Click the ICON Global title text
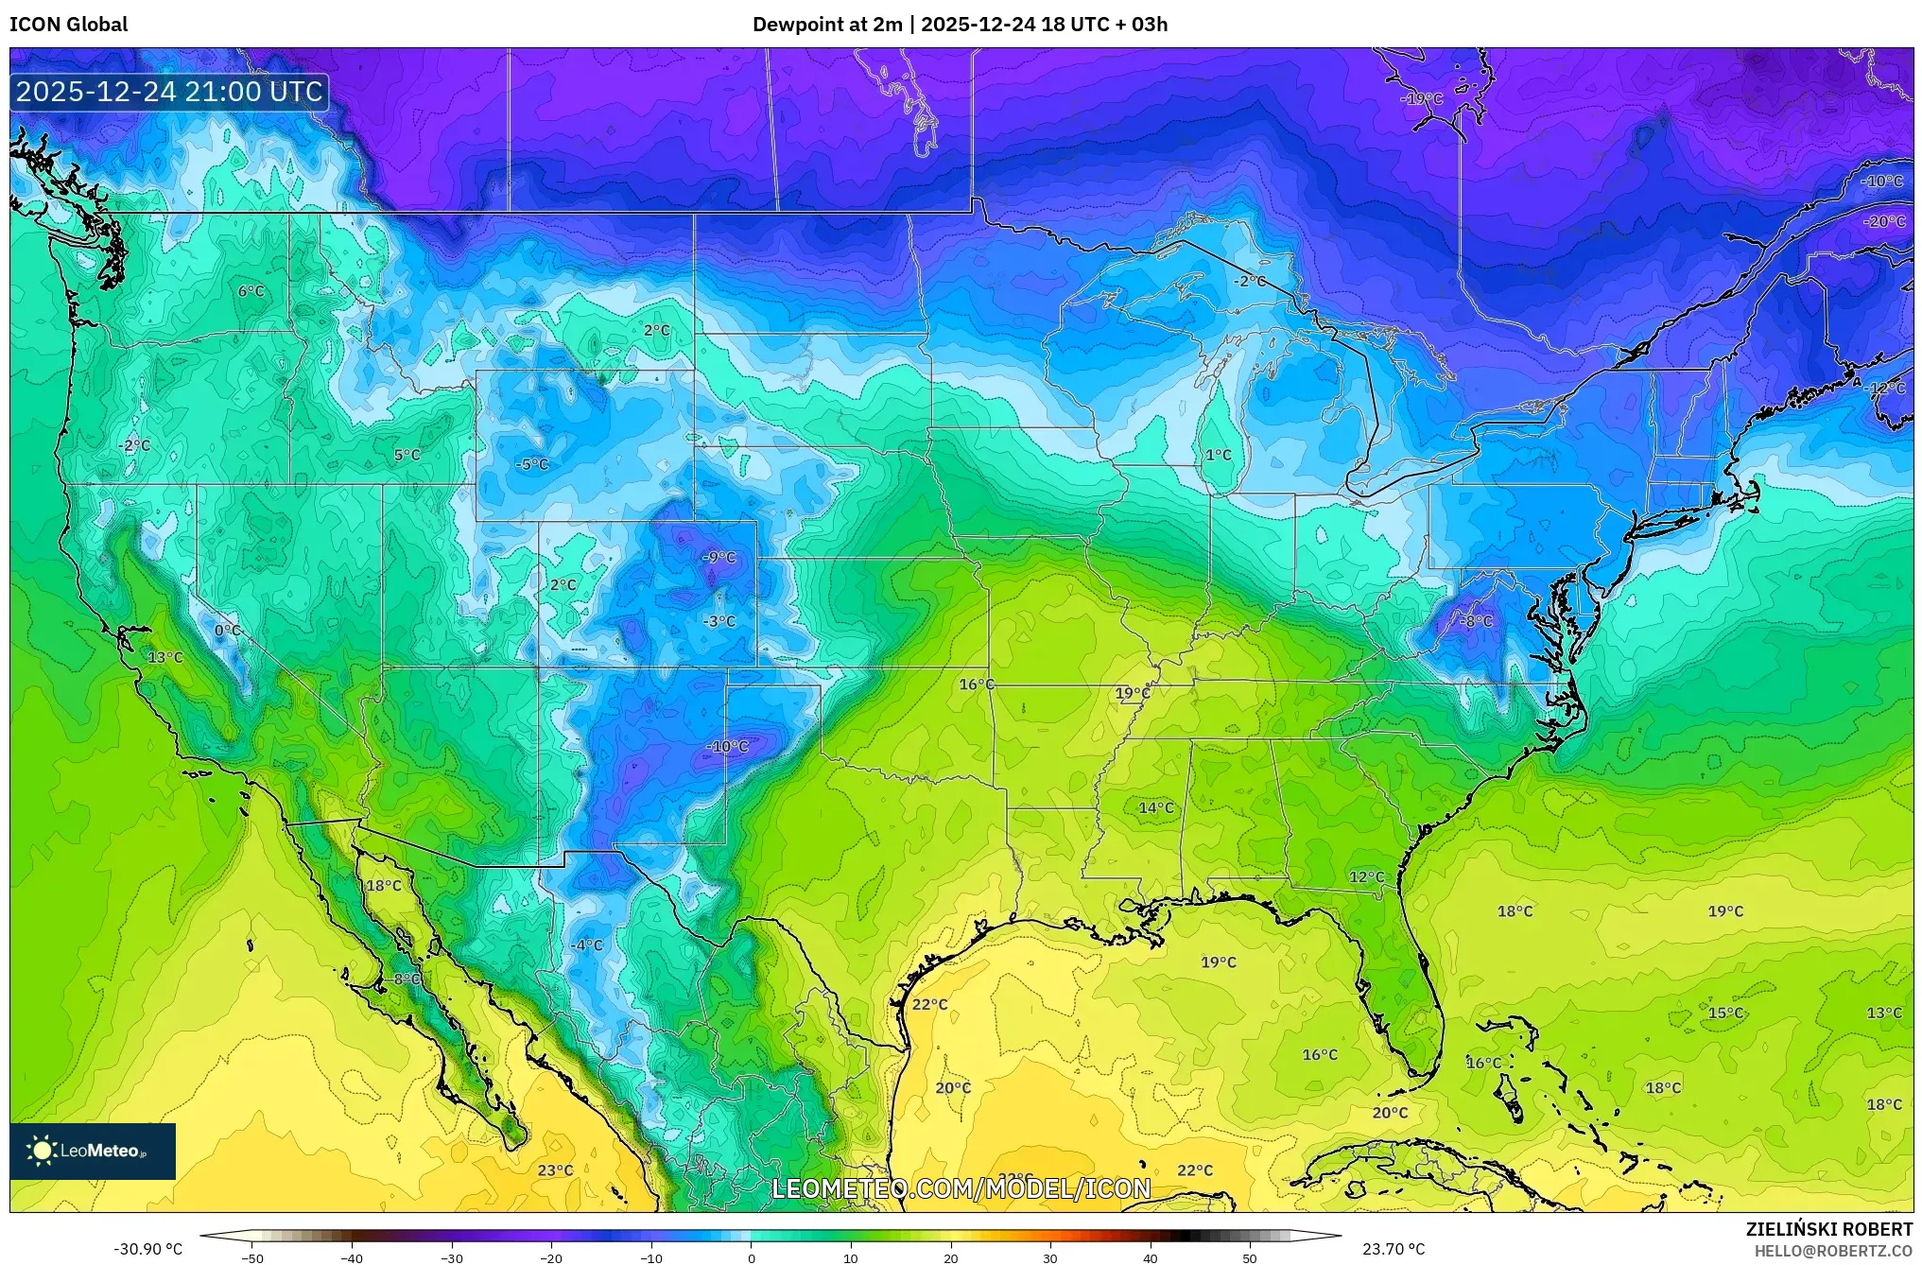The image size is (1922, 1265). pyautogui.click(x=68, y=25)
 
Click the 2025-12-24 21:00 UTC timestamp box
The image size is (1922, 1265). pyautogui.click(x=169, y=92)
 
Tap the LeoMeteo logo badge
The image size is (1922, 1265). pyautogui.click(x=93, y=1151)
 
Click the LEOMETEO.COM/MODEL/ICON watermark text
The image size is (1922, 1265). pyautogui.click(x=961, y=1188)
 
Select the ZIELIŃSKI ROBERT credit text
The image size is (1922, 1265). pyautogui.click(x=1828, y=1229)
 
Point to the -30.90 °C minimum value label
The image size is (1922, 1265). pyautogui.click(x=148, y=1249)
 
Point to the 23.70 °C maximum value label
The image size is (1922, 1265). pyautogui.click(x=1393, y=1249)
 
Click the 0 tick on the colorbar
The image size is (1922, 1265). pyautogui.click(x=751, y=1258)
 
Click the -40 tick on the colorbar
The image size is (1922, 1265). pyautogui.click(x=352, y=1258)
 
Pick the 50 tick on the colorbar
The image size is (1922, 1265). pyautogui.click(x=1249, y=1258)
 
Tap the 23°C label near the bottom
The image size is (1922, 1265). pyautogui.click(x=555, y=1170)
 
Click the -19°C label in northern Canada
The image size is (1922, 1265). pyautogui.click(x=1421, y=99)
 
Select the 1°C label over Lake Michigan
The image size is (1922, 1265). pyautogui.click(x=1218, y=455)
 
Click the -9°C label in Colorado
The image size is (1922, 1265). pyautogui.click(x=718, y=558)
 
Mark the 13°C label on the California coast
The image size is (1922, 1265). pyautogui.click(x=165, y=657)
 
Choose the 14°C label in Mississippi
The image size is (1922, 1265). pyautogui.click(x=1155, y=807)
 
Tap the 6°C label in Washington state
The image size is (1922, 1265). pyautogui.click(x=251, y=291)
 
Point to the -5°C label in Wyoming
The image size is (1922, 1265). pyautogui.click(x=531, y=464)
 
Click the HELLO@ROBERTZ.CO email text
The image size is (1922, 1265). pyautogui.click(x=1833, y=1251)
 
